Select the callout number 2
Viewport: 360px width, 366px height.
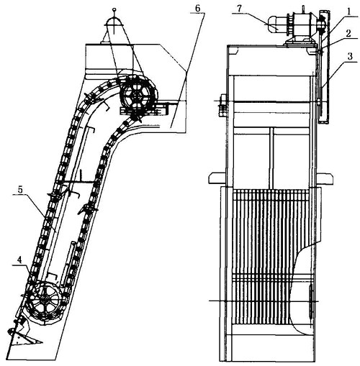[348, 33]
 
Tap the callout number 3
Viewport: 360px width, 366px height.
[350, 57]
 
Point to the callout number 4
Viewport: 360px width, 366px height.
[20, 260]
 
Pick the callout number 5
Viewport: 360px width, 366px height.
[20, 190]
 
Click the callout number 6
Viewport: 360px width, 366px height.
[197, 8]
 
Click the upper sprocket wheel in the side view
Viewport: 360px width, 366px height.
[137, 96]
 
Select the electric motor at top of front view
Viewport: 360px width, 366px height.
[276, 24]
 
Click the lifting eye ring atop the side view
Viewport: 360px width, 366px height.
[114, 10]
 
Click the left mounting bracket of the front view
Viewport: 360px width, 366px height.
[217, 178]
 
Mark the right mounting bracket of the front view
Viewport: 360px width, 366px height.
[325, 178]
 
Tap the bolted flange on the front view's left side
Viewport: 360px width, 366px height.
[222, 105]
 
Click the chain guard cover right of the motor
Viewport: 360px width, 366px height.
[324, 67]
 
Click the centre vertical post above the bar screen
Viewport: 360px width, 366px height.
[271, 158]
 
